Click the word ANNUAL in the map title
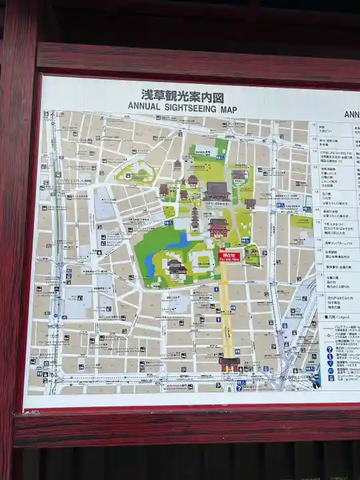click(x=144, y=107)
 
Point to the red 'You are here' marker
click(x=229, y=255)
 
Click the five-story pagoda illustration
click(x=195, y=217)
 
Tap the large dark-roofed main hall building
click(x=217, y=191)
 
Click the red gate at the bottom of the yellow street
click(x=229, y=363)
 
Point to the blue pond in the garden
click(x=177, y=241)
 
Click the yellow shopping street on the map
click(x=227, y=307)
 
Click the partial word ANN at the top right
click(x=351, y=114)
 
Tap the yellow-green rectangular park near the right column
click(x=301, y=221)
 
